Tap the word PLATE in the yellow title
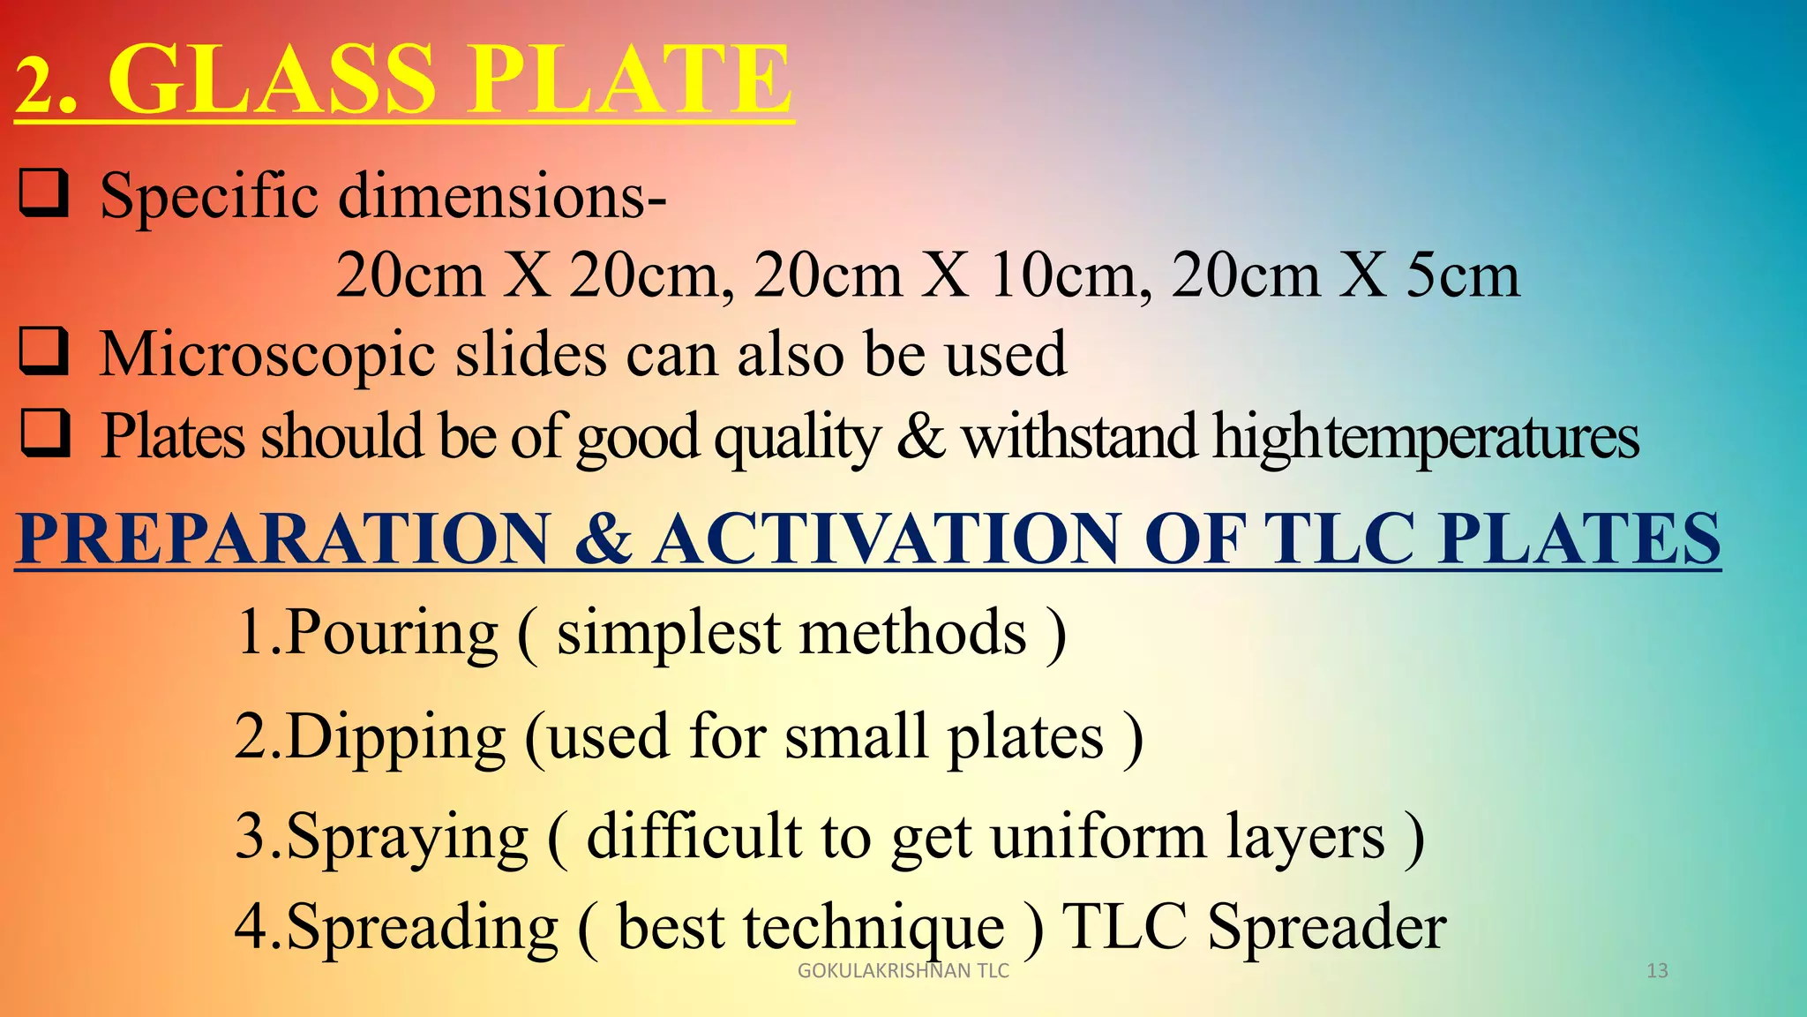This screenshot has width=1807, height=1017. (x=630, y=81)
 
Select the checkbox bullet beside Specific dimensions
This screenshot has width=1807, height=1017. (x=43, y=193)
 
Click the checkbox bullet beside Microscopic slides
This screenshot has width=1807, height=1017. (x=43, y=351)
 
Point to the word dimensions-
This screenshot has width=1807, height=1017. (x=503, y=196)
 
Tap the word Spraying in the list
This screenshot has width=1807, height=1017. (x=406, y=838)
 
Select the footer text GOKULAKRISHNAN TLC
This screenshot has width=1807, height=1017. (x=903, y=971)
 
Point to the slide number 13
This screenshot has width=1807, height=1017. (x=1657, y=971)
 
